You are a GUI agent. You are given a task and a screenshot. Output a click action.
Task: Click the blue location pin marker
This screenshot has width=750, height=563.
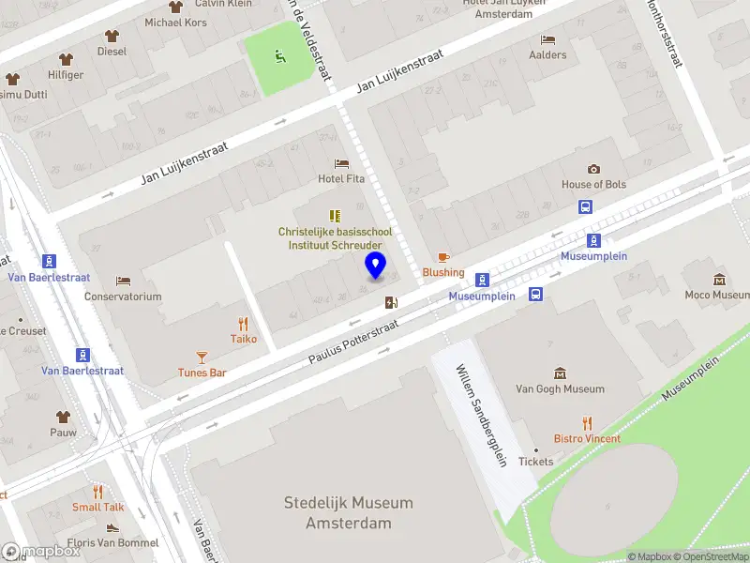(x=376, y=266)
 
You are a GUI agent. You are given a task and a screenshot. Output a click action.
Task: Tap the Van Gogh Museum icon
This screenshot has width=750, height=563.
(x=560, y=373)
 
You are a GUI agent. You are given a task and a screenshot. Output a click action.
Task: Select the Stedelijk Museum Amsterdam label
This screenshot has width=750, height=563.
(x=348, y=512)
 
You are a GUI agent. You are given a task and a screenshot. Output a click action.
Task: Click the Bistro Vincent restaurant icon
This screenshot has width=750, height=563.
(x=587, y=422)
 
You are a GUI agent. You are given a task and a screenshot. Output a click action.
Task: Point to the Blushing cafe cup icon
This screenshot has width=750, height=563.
(x=443, y=256)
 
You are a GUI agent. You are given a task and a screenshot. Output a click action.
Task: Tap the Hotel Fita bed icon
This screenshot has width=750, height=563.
(x=341, y=163)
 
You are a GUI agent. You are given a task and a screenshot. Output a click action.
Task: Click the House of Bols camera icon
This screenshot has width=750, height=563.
(x=593, y=169)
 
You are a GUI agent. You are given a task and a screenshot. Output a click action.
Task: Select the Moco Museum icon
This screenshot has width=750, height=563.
(x=719, y=280)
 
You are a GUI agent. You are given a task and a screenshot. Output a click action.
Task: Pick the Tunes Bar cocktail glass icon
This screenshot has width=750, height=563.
(x=202, y=357)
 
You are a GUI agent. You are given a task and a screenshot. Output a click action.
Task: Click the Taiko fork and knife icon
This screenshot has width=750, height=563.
(x=244, y=324)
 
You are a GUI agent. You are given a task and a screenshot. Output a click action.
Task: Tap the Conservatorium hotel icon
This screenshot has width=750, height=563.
(x=123, y=281)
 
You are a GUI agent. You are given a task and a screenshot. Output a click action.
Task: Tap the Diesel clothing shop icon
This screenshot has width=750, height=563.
(x=112, y=36)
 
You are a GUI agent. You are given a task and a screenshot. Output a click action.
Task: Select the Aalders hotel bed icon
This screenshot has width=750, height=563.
(x=547, y=39)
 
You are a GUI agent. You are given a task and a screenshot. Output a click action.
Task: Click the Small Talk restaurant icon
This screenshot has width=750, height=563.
(x=98, y=492)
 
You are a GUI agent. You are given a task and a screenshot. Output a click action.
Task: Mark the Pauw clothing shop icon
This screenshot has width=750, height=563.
(x=64, y=417)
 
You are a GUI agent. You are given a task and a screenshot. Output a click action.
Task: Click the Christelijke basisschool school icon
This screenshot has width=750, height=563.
(x=335, y=216)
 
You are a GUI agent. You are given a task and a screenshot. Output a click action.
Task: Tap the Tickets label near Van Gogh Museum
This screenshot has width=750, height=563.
(x=536, y=462)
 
